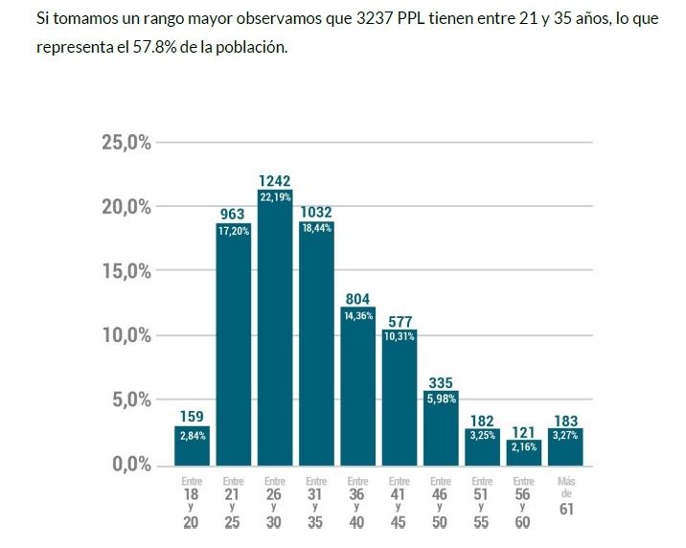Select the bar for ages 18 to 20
[192, 446]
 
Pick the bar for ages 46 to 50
[441, 427]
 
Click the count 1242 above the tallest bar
[275, 180]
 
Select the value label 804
[357, 299]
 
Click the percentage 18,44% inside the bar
[316, 228]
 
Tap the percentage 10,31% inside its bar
[400, 337]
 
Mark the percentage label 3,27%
[565, 436]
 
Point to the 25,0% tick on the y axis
[126, 143]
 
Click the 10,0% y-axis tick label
[126, 336]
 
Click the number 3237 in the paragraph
[376, 19]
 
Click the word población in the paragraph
[252, 46]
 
